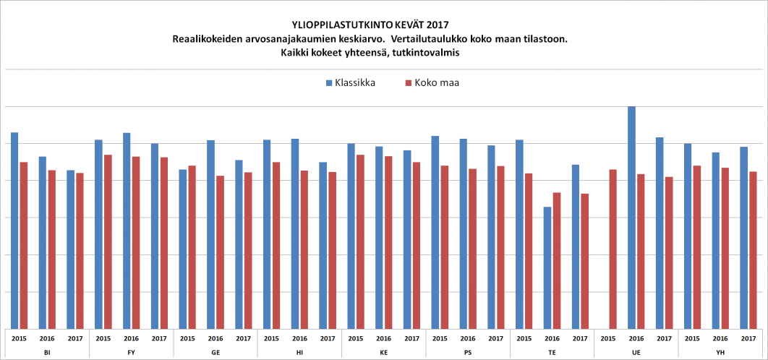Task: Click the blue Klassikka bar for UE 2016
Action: point(631,217)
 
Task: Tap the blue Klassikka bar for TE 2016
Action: point(547,267)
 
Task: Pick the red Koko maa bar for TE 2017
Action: point(584,261)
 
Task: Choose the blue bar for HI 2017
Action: point(323,245)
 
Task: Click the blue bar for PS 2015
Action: point(435,232)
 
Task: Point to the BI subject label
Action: point(47,351)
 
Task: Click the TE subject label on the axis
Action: point(552,351)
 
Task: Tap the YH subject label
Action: point(720,351)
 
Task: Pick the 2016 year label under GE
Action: point(216,338)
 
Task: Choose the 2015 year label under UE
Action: point(608,338)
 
